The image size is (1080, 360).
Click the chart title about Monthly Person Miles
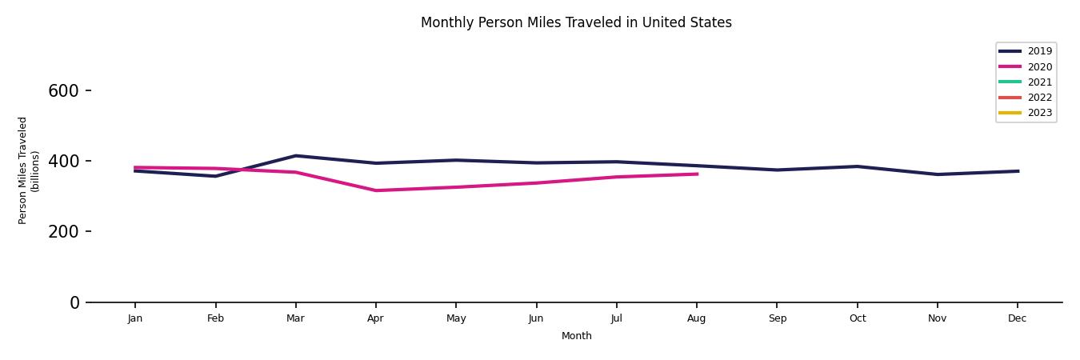(576, 22)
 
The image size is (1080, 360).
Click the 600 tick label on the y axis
(63, 91)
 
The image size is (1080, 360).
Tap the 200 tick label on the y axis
(63, 232)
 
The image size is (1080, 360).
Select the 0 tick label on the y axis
(75, 302)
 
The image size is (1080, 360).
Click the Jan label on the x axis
(135, 318)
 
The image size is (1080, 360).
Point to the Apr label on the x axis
(375, 318)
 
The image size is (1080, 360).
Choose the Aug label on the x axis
(697, 318)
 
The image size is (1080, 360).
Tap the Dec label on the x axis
(1017, 318)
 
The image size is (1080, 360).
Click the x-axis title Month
(576, 336)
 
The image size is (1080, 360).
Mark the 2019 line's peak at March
(295, 156)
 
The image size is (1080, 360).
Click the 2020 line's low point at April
(375, 190)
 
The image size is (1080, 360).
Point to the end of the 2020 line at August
(697, 174)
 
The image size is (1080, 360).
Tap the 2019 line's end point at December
(1018, 171)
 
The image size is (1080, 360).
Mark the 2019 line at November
(937, 174)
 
